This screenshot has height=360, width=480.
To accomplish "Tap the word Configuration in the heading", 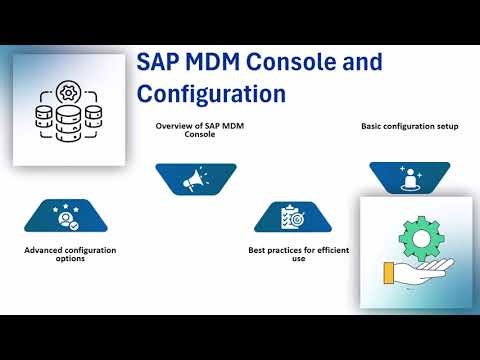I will (211, 94).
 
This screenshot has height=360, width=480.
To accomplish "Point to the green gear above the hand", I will (419, 238).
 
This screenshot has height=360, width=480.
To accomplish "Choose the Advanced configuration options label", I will (68, 254).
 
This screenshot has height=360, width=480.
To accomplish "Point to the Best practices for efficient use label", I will (298, 254).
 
